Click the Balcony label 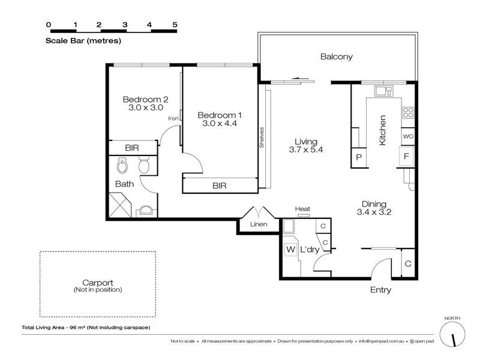pos(336,56)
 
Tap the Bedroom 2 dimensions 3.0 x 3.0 pos(146,107)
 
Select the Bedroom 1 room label pos(220,115)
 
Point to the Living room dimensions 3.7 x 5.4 pos(306,149)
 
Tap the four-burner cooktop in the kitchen pos(408,113)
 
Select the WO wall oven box pos(408,137)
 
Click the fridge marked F pos(406,157)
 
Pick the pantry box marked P pos(359,158)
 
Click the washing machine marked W pos(290,250)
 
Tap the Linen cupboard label pos(259,224)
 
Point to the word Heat pos(302,209)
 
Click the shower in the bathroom pos(121,205)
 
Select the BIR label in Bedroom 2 pos(132,148)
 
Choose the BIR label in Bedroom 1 pos(220,185)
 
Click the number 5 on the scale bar pos(175,25)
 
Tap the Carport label pos(98,283)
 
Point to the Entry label pos(380,290)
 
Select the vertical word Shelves pos(262,137)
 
